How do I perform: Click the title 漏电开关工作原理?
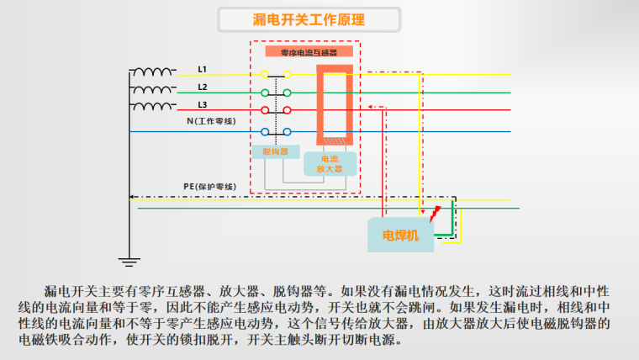(x=309, y=19)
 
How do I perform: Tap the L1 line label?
(x=202, y=69)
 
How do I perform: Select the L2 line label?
(x=203, y=87)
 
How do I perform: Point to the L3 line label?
(x=203, y=105)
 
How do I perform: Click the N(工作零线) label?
(x=211, y=121)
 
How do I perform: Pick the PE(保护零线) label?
(x=210, y=187)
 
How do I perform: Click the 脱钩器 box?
(x=276, y=151)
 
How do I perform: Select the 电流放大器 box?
(x=330, y=164)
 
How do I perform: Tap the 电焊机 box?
(x=400, y=235)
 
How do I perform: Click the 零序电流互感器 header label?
(x=309, y=52)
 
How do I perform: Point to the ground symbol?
(x=129, y=262)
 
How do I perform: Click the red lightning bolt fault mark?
(x=435, y=214)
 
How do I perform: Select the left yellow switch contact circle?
(x=265, y=74)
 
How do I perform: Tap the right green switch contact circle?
(x=287, y=93)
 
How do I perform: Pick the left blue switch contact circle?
(x=265, y=132)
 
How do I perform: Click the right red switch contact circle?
(x=287, y=110)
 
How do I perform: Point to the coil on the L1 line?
(x=153, y=71)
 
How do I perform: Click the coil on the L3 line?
(x=153, y=106)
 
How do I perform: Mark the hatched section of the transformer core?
(x=335, y=141)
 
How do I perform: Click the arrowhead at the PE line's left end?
(x=132, y=197)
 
